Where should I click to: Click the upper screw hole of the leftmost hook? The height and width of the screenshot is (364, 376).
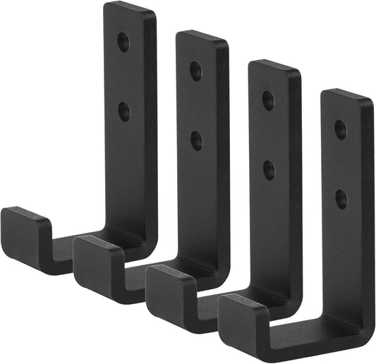click(x=123, y=42)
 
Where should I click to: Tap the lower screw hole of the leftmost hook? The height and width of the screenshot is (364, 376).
click(x=124, y=111)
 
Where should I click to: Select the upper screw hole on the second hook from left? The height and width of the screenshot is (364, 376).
click(x=195, y=71)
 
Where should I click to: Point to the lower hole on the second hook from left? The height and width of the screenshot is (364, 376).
click(x=196, y=140)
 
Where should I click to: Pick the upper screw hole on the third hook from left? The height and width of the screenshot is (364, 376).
click(x=268, y=99)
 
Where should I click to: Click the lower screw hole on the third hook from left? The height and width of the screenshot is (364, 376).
click(x=269, y=168)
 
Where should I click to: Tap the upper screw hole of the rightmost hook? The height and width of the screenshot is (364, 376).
click(x=340, y=129)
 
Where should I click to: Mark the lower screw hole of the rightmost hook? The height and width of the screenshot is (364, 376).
click(x=341, y=198)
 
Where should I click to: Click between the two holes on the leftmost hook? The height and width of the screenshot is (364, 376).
click(x=124, y=76)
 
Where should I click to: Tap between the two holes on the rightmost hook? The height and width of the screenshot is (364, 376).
click(x=341, y=164)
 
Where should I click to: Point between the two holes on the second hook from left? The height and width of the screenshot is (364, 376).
click(x=196, y=105)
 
